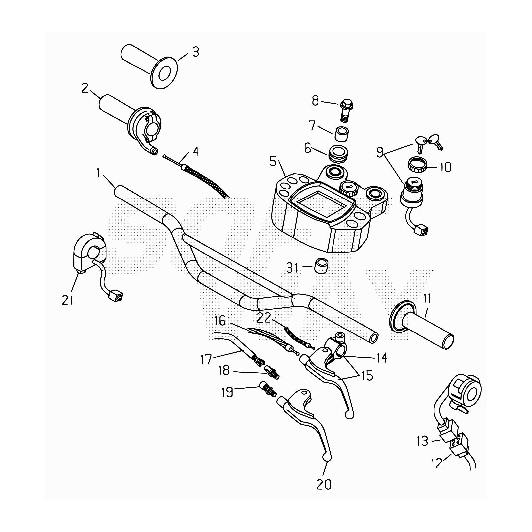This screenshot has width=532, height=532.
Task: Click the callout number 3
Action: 196,52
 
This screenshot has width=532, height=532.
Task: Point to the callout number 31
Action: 292,268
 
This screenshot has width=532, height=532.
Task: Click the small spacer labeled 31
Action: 321,265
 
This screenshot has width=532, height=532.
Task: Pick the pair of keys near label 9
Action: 428,142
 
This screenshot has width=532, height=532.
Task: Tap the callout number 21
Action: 67,300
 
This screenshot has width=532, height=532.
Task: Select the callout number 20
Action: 324,484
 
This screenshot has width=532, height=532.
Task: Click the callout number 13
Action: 423,441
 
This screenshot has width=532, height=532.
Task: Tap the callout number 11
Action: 427,299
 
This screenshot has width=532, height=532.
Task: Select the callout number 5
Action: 273,162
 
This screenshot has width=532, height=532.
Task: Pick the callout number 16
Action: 220,321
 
